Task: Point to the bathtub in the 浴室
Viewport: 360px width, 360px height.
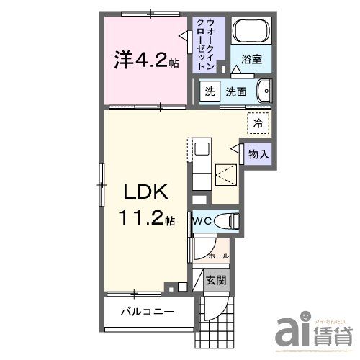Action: [x=252, y=32]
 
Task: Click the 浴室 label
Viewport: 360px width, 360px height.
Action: [x=252, y=60]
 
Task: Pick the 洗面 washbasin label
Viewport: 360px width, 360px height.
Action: [x=236, y=91]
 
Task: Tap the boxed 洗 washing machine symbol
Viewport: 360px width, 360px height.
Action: [x=209, y=91]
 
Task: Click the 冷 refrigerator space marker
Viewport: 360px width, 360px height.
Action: [x=258, y=122]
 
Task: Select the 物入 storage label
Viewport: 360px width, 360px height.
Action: [x=259, y=153]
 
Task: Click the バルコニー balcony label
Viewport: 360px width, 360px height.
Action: [x=147, y=312]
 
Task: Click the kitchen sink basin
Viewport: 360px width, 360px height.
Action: [x=202, y=150]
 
